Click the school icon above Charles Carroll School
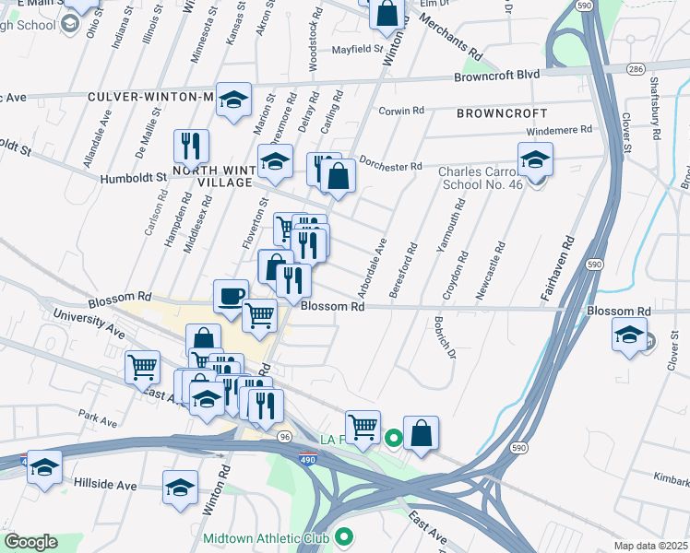click(535, 160)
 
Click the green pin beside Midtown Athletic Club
click(345, 535)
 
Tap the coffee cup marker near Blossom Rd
click(232, 297)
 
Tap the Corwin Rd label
click(401, 111)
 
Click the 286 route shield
click(636, 69)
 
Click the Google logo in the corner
click(30, 543)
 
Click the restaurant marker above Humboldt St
click(191, 146)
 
